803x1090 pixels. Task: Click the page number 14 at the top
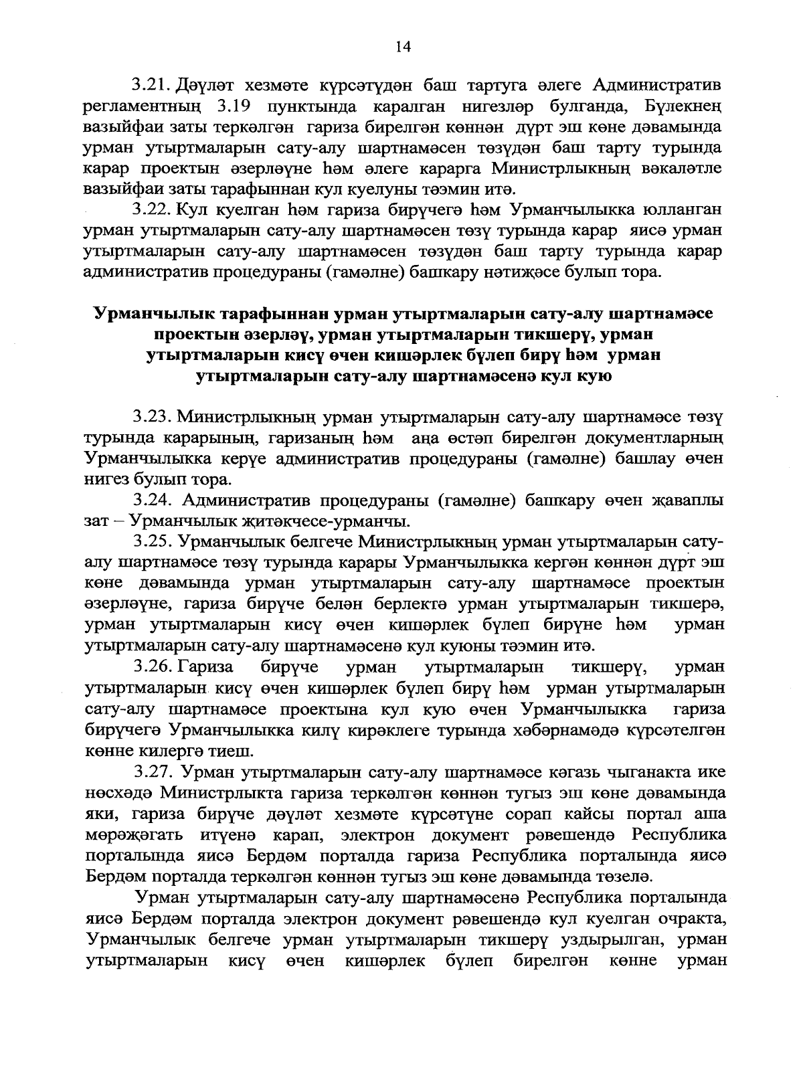403,46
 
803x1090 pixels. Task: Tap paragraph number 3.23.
153,418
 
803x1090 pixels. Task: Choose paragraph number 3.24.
153,501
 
